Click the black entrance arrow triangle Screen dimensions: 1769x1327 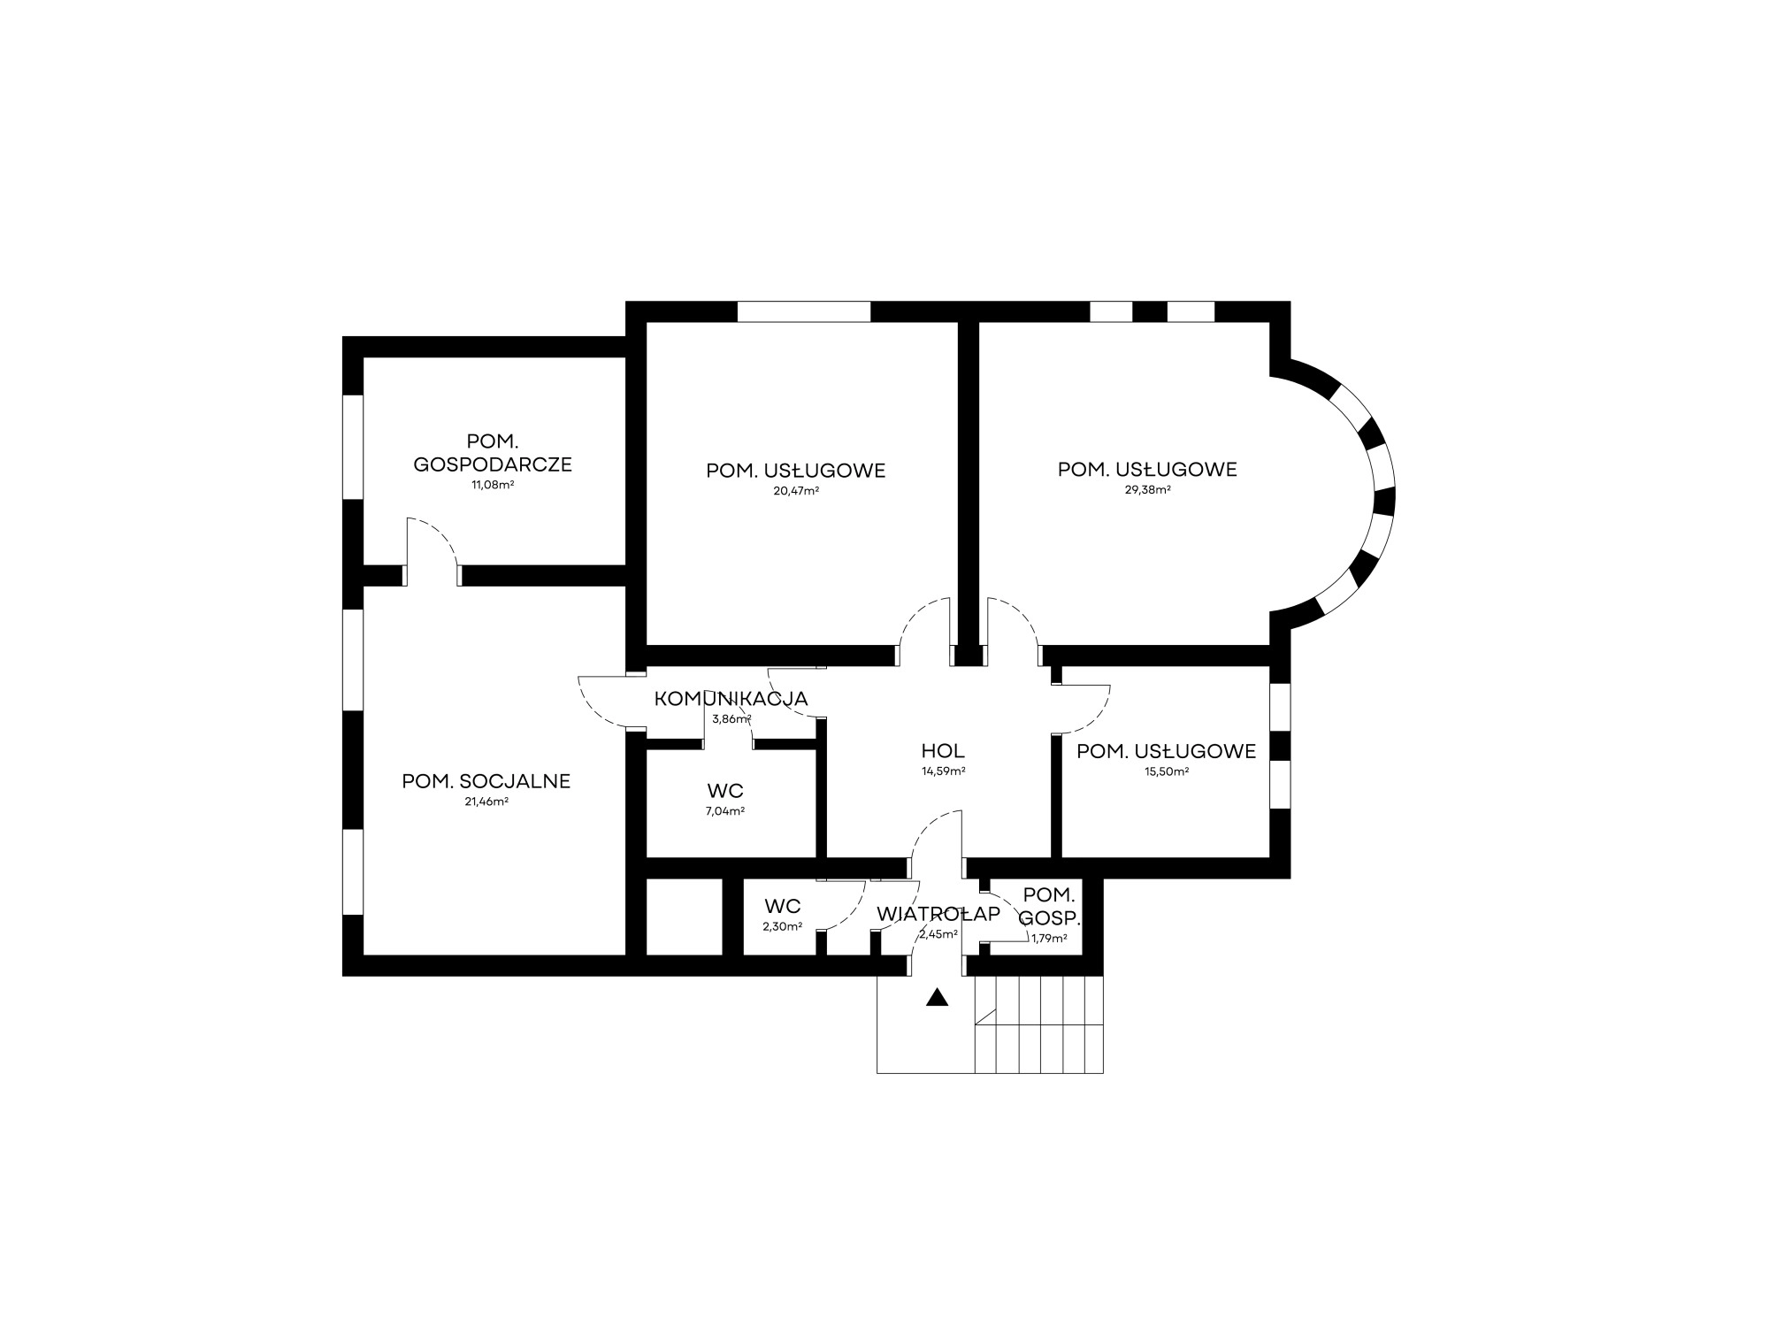(937, 998)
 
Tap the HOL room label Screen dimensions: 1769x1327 (943, 751)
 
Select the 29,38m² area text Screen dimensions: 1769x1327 (1147, 490)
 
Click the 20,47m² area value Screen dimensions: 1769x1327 (795, 491)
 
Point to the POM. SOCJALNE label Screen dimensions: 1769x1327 (486, 781)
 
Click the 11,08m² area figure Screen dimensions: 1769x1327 (493, 485)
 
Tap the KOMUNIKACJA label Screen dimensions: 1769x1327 (731, 698)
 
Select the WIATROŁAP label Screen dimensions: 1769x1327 (938, 914)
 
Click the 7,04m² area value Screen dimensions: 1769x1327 (725, 811)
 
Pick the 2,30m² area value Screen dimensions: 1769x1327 (782, 927)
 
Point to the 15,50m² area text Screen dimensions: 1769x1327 (1166, 771)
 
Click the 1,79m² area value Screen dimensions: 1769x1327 (1049, 939)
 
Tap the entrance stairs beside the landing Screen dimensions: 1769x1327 (1038, 1024)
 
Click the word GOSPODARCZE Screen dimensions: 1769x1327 (493, 464)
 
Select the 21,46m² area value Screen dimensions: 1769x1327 (486, 802)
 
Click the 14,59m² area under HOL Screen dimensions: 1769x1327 (943, 771)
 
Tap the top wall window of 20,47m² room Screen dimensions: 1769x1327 (804, 311)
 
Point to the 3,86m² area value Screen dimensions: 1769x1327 (731, 719)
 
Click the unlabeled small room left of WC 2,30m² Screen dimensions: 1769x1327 (685, 917)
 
